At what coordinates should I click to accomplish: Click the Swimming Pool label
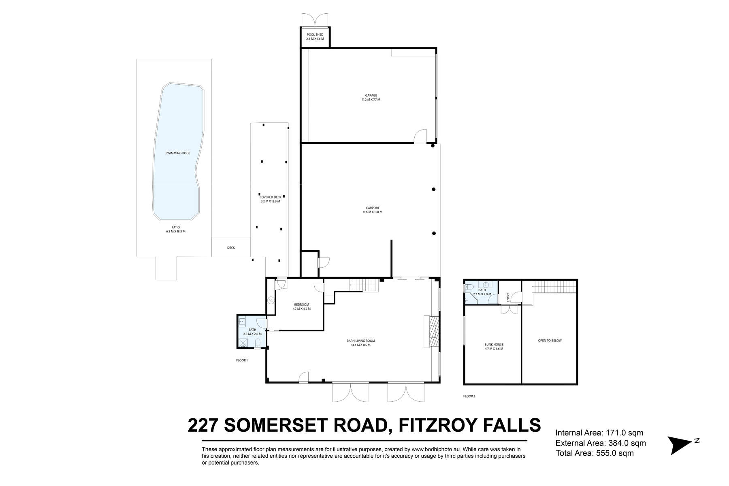click(x=178, y=153)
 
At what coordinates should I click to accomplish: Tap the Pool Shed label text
click(x=315, y=35)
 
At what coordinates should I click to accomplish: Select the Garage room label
click(x=371, y=96)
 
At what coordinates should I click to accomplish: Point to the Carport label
click(x=373, y=208)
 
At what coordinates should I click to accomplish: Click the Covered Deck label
click(x=270, y=197)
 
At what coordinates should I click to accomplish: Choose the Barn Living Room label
click(x=358, y=341)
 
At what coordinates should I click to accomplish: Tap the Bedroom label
click(x=301, y=305)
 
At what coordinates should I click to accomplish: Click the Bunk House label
click(x=494, y=345)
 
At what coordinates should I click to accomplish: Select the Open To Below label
click(x=550, y=341)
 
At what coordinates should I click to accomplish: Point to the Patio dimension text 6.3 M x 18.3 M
click(x=175, y=232)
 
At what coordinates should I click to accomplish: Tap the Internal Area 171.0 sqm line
click(x=599, y=433)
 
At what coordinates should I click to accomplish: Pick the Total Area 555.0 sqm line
click(x=595, y=453)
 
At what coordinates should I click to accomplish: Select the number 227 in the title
click(x=203, y=426)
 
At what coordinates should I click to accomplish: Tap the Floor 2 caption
click(x=469, y=396)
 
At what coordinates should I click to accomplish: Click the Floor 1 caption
click(x=242, y=360)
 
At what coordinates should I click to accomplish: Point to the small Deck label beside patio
click(x=231, y=248)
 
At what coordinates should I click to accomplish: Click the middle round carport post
click(x=433, y=189)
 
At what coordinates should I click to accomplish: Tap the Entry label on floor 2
click(x=508, y=298)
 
